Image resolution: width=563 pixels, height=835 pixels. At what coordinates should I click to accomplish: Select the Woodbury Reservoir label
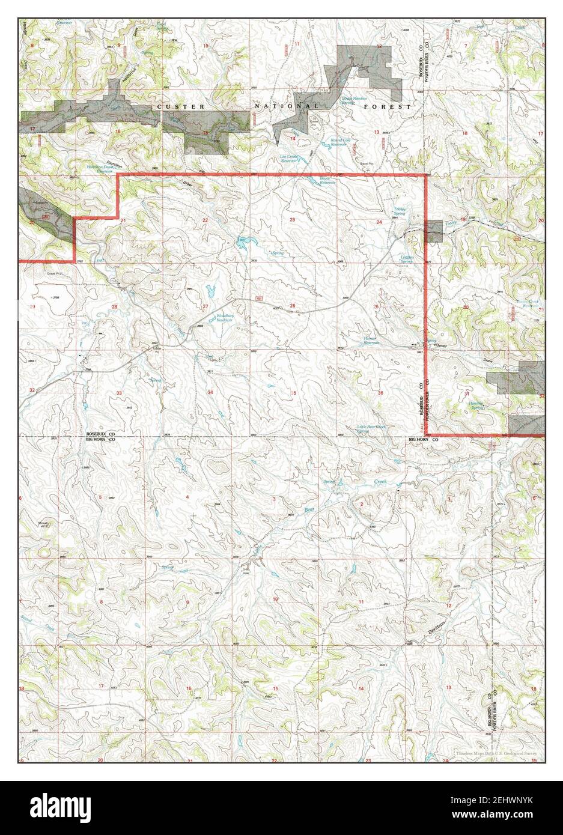224,318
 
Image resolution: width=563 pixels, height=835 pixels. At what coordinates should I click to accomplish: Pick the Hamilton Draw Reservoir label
109,169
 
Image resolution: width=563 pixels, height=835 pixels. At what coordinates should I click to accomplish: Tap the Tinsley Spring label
400,212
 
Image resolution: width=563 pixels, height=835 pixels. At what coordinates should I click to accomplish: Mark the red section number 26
292,306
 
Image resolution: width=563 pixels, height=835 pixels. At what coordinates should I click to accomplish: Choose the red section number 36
380,392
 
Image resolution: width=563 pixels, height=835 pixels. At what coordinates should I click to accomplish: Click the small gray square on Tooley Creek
433,231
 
